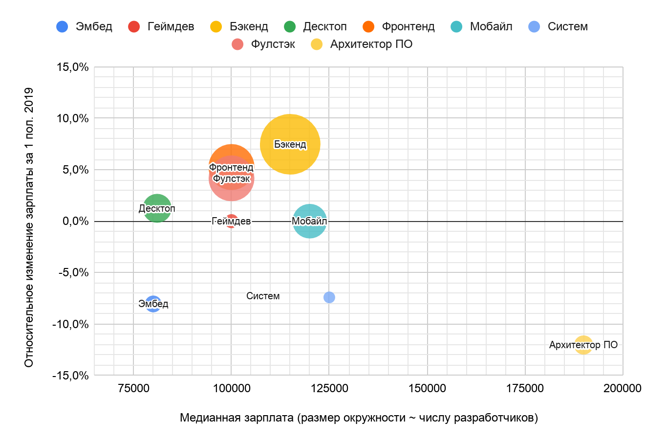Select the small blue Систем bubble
point(329,297)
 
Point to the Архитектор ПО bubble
point(583,345)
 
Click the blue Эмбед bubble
point(153,304)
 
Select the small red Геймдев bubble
point(232,221)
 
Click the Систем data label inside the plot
point(263,296)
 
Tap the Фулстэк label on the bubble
point(232,179)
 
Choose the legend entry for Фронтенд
point(408,26)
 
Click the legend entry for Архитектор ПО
point(371,44)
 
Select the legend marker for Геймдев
point(134,26)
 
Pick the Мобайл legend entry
point(491,26)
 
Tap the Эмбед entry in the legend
point(93,26)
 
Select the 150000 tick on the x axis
point(427,388)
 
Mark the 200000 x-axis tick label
point(623,388)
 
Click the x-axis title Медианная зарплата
point(359,418)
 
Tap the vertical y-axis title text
point(29,227)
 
